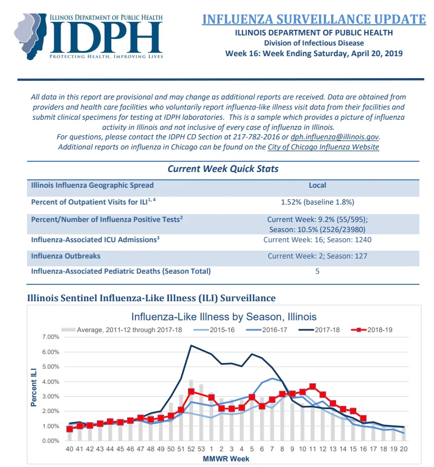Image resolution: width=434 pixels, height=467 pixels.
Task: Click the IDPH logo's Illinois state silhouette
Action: (x=30, y=36)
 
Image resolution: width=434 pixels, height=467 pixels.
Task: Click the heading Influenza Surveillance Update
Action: (x=314, y=19)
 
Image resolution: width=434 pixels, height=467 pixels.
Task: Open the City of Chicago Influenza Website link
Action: (x=323, y=147)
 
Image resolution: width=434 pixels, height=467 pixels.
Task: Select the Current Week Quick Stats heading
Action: (x=223, y=169)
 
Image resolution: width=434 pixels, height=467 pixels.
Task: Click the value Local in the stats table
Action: (x=317, y=185)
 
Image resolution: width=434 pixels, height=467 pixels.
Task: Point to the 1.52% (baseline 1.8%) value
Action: (x=317, y=202)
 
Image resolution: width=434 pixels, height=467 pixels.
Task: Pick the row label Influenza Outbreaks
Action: (x=66, y=256)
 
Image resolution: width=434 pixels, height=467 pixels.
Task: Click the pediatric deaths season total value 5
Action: (x=317, y=271)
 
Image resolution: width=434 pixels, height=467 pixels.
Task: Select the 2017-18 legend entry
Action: (x=319, y=330)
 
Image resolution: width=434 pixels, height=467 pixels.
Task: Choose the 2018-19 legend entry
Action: (x=372, y=330)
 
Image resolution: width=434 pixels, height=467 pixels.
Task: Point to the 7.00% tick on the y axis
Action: (x=51, y=337)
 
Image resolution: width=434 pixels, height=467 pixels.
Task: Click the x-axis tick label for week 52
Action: (x=191, y=449)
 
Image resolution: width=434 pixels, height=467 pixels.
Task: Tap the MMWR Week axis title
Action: (x=226, y=459)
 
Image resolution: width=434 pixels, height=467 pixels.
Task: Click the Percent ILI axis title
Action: (x=34, y=387)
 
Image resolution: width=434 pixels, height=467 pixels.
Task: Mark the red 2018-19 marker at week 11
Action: (x=313, y=387)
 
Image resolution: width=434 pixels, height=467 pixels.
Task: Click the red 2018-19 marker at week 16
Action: (x=363, y=419)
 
